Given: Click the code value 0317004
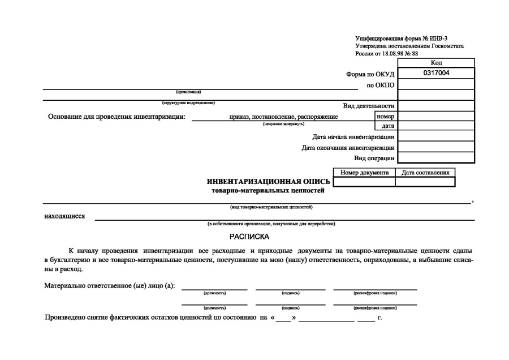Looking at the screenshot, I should click(436, 74).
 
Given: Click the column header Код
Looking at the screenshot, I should click(436, 63).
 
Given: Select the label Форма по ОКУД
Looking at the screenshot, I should click(370, 74).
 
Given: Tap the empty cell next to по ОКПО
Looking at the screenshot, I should click(436, 85).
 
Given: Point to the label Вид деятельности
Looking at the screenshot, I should click(369, 106).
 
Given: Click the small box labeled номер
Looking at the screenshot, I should click(385, 116).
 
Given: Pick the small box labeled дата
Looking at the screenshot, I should click(387, 126).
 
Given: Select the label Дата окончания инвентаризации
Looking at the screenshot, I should click(348, 148).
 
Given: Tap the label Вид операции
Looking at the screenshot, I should click(374, 158).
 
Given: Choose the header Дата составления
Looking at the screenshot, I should click(425, 173).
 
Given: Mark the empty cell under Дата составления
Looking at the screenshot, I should click(425, 182).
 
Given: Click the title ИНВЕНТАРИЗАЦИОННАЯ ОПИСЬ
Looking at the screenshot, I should click(269, 182).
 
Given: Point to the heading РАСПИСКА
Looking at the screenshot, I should click(249, 235).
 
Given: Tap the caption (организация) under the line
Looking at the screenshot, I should click(189, 92).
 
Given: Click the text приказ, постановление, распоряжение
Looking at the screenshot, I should click(283, 117).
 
